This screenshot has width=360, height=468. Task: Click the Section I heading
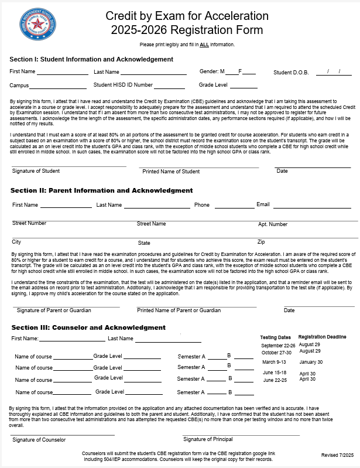point(91,59)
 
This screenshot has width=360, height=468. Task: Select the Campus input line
point(59,87)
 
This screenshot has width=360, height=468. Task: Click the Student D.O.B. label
point(293,73)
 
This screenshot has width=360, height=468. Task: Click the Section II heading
point(101,190)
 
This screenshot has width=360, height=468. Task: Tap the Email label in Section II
point(263,204)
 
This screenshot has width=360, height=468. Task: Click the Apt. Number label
point(273,224)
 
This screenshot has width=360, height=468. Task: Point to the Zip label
point(261,241)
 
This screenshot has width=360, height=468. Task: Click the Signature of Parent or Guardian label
point(54,310)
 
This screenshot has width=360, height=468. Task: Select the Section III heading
point(88,327)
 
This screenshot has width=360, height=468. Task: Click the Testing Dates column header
point(275,337)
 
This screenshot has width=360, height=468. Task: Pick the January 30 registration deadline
point(311,362)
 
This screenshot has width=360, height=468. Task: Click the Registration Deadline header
point(322,337)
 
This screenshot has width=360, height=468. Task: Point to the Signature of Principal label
point(208,439)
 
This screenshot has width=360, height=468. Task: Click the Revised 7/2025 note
point(338,455)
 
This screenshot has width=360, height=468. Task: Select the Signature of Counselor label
point(39,439)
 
